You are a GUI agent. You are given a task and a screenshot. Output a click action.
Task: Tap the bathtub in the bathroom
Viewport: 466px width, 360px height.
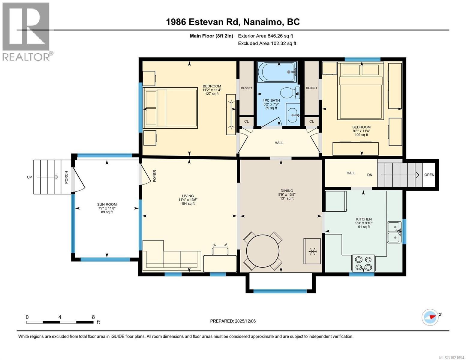coord(279,72)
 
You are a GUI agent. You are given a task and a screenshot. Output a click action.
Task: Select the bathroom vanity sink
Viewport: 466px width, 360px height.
coord(293,115)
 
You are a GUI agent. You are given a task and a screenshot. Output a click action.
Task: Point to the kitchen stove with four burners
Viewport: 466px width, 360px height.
coord(363,263)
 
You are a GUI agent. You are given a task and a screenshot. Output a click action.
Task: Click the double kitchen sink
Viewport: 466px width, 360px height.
coord(394,232)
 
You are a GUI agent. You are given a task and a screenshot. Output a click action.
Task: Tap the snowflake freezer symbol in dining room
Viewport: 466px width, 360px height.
coord(312,251)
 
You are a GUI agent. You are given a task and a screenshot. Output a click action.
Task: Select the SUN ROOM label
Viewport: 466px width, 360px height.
coord(107,204)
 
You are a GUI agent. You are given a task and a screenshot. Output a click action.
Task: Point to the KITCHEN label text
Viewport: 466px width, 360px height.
coord(364,219)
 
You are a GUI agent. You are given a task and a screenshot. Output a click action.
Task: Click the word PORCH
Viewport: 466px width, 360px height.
coord(66,177)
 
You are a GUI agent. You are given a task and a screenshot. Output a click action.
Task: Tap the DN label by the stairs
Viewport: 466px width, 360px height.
coord(370,175)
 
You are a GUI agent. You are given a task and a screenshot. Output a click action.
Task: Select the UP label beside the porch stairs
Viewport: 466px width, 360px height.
coord(29,177)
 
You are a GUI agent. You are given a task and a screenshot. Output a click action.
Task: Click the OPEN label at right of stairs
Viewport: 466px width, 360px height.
coord(429,175)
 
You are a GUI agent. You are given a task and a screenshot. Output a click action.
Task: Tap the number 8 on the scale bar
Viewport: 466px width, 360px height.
coord(93,317)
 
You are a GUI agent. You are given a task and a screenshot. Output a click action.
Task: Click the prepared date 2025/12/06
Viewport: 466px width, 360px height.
coord(245,321)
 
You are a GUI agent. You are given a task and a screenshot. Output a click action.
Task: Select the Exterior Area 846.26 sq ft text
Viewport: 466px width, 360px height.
coord(265,36)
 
